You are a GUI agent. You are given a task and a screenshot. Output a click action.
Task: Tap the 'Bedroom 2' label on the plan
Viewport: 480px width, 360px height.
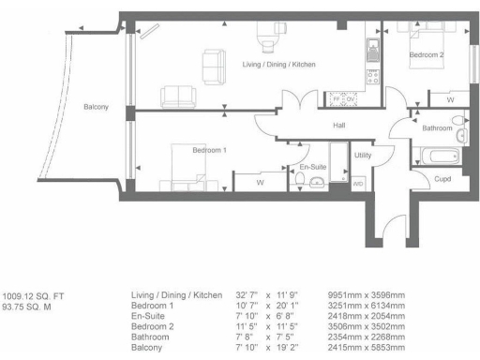(427, 56)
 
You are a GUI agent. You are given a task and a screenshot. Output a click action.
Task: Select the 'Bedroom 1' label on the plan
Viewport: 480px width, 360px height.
(210, 151)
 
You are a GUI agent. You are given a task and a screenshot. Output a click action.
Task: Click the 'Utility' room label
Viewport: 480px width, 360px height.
(364, 156)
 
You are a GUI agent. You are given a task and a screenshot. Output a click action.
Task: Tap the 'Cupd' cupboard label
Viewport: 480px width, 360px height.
(443, 178)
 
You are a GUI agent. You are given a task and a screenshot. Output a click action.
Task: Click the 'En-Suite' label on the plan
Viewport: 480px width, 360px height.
(313, 166)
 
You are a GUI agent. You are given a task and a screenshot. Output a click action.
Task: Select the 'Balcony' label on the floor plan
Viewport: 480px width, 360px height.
(96, 107)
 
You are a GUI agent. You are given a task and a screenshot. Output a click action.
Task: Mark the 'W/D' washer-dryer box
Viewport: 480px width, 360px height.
(357, 184)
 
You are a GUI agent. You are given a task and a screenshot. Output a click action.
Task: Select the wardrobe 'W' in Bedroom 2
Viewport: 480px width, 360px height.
(450, 98)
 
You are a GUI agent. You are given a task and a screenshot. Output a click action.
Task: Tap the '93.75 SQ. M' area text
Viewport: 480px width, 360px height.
(28, 306)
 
